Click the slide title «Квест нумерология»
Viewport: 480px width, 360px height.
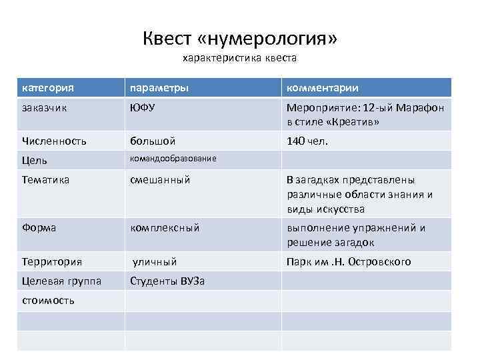[240, 39]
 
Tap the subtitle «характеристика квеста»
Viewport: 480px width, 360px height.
[240, 58]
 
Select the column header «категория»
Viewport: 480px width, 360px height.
[47, 87]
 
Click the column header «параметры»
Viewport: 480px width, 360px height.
[159, 87]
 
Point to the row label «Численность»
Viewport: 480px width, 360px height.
[54, 141]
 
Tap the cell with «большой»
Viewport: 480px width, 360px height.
[153, 141]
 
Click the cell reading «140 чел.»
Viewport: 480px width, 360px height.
[307, 141]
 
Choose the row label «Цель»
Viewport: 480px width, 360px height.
[34, 160]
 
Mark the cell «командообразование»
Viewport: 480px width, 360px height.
[173, 159]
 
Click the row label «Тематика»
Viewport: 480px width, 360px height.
[45, 179]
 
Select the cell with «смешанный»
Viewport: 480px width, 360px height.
[161, 179]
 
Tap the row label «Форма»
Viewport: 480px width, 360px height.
[39, 227]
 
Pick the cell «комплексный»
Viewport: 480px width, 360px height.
[165, 227]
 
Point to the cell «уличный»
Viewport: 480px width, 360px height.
[154, 261]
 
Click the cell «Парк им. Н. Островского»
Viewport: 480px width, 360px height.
[349, 261]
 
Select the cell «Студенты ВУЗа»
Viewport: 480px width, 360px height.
[167, 281]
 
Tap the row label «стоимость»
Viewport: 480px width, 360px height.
[47, 300]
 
